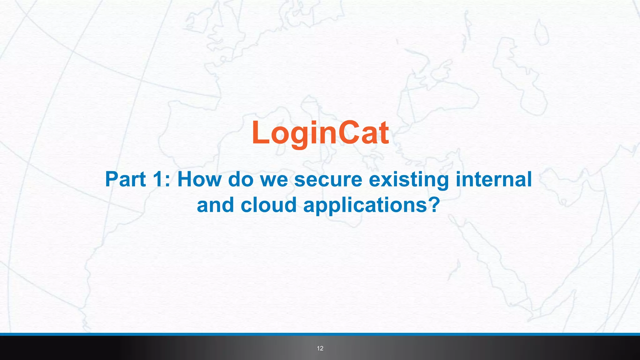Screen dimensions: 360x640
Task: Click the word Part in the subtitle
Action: point(125,179)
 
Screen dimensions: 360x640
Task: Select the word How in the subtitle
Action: point(199,179)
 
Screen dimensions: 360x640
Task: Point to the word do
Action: point(241,179)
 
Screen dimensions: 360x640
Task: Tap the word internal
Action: point(494,179)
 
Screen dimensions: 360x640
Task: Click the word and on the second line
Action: point(215,205)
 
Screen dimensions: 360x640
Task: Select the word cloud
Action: point(268,205)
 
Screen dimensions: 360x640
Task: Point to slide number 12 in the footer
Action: point(320,348)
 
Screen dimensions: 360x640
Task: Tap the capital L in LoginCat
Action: point(260,133)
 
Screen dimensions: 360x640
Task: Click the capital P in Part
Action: point(112,179)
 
